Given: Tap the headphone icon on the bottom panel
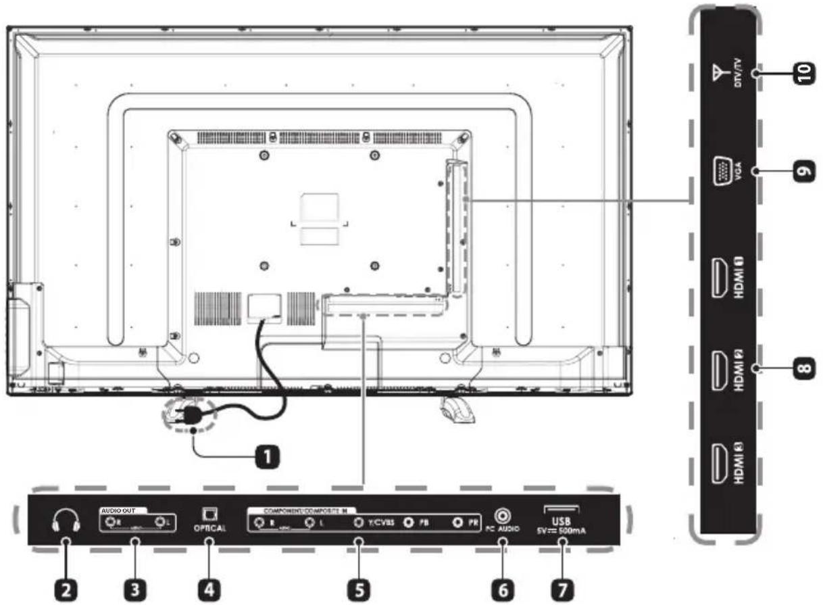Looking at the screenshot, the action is [66, 519].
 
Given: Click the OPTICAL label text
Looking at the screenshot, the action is [209, 529].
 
